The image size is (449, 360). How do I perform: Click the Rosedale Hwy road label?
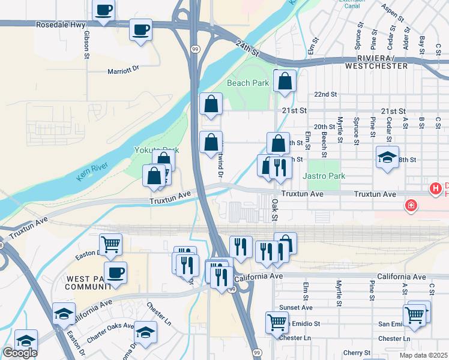click(x=59, y=26)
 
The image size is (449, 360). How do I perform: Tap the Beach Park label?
click(x=249, y=83)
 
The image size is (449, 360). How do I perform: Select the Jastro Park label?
click(x=324, y=176)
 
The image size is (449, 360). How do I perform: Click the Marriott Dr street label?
click(x=122, y=69)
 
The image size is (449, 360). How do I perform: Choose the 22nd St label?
click(x=326, y=95)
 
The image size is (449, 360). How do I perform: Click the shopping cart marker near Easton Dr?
click(x=110, y=244)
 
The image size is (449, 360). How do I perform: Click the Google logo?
click(x=20, y=352)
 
